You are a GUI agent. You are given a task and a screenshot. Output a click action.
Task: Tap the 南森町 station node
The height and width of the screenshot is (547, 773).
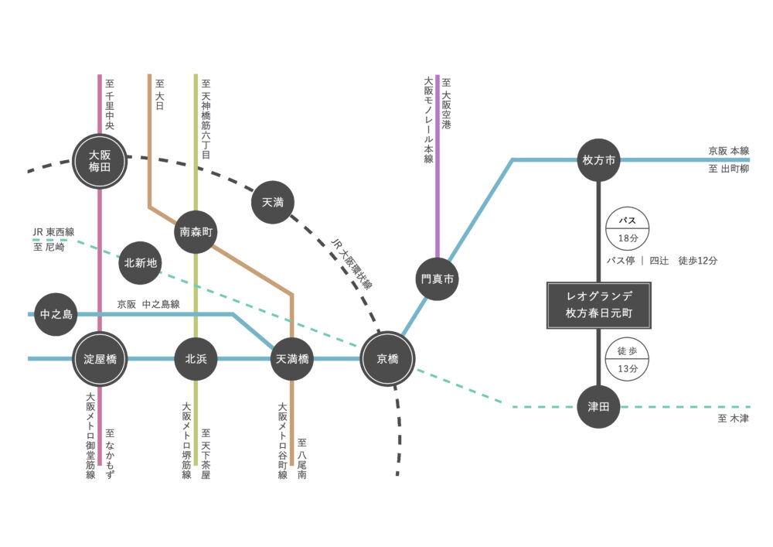[x=196, y=231]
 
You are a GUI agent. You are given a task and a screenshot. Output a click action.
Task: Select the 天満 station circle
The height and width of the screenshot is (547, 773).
[x=273, y=203]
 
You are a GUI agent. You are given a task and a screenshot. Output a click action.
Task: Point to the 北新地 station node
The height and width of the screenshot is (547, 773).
[x=141, y=263]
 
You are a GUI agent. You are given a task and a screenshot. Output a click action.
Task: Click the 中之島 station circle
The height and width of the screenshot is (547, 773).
[x=56, y=314]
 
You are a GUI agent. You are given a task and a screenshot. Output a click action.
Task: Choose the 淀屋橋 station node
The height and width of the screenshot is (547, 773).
[x=100, y=359]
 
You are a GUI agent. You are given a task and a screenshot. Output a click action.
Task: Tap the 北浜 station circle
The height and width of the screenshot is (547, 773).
[x=196, y=359]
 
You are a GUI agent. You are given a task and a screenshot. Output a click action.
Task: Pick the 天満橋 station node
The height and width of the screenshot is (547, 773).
[x=292, y=359]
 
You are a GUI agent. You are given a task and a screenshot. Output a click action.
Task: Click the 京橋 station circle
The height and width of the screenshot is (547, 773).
[x=387, y=359]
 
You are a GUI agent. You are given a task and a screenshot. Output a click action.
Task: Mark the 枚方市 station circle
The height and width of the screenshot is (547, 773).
[x=599, y=161]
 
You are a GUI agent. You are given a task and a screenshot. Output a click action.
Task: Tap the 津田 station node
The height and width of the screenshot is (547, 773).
[x=599, y=406]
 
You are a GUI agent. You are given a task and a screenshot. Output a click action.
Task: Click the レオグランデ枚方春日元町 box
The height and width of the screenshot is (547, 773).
[x=599, y=306]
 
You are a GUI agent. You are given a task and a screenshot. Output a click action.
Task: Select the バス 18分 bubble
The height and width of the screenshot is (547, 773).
[x=627, y=229]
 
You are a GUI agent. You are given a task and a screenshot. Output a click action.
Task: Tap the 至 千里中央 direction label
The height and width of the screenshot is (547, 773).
[x=110, y=105]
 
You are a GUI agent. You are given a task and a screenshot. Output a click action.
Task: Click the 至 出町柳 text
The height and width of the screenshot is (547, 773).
[x=728, y=169]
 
